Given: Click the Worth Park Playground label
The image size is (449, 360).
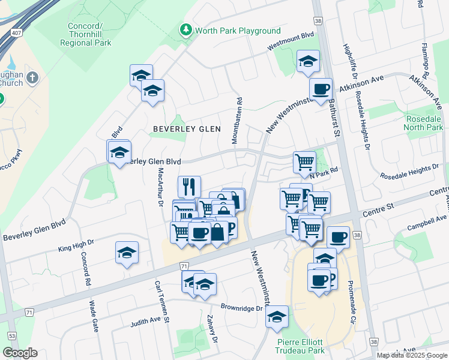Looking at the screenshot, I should coord(238,31).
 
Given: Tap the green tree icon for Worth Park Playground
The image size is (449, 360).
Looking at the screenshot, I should coord(186,30).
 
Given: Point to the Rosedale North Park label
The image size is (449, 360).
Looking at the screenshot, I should coord(424,123).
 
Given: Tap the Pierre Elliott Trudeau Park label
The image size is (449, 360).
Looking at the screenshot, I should coord(300,346).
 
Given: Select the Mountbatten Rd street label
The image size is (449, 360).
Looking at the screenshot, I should coord(239,121).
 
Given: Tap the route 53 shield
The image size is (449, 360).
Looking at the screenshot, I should coord(11,335).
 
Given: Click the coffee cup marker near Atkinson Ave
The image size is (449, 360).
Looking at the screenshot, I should coord(321,89).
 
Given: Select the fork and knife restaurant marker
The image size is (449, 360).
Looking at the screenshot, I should coord(189,185).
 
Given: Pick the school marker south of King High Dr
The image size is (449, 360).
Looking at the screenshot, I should coord(127,253).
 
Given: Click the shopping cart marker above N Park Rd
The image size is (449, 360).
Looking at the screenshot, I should coord(304,161).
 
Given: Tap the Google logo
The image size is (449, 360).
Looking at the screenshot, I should coord(20,353).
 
